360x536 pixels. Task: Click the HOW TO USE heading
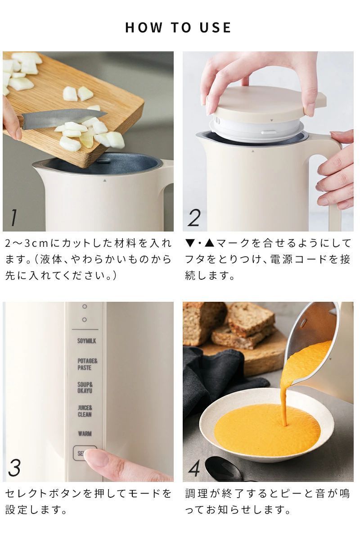click(178, 27)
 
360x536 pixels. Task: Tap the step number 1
click(14, 218)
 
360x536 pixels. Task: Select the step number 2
click(193, 218)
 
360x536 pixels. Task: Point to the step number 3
click(14, 468)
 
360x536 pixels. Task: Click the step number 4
click(194, 468)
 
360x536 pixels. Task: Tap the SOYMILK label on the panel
click(86, 341)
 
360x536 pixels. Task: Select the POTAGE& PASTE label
click(87, 364)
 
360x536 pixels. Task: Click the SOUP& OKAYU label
click(85, 388)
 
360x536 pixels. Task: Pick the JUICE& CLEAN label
click(85, 411)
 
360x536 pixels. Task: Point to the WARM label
click(85, 434)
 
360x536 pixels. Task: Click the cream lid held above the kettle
click(265, 101)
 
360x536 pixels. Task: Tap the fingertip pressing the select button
click(97, 459)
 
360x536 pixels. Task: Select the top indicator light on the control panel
click(85, 306)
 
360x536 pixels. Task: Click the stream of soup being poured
click(285, 401)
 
